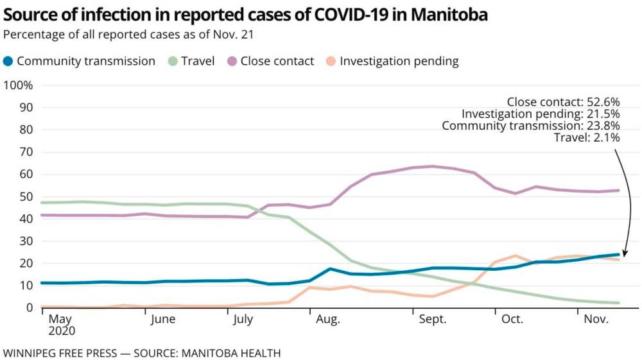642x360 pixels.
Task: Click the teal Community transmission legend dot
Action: click(x=8, y=62)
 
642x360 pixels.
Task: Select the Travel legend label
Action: click(x=198, y=62)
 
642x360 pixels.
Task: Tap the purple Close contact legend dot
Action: click(x=232, y=62)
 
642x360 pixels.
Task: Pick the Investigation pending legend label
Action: click(x=399, y=62)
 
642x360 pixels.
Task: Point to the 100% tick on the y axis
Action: click(x=19, y=86)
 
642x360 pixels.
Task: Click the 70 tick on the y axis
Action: click(x=26, y=153)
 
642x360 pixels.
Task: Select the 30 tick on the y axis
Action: click(x=26, y=241)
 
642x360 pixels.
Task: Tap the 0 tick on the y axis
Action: click(x=30, y=308)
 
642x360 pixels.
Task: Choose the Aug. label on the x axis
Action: click(x=327, y=320)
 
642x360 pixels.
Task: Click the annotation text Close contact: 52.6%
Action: click(x=563, y=101)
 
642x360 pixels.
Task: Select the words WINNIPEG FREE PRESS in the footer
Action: click(x=60, y=353)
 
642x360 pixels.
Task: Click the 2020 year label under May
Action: click(x=62, y=332)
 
